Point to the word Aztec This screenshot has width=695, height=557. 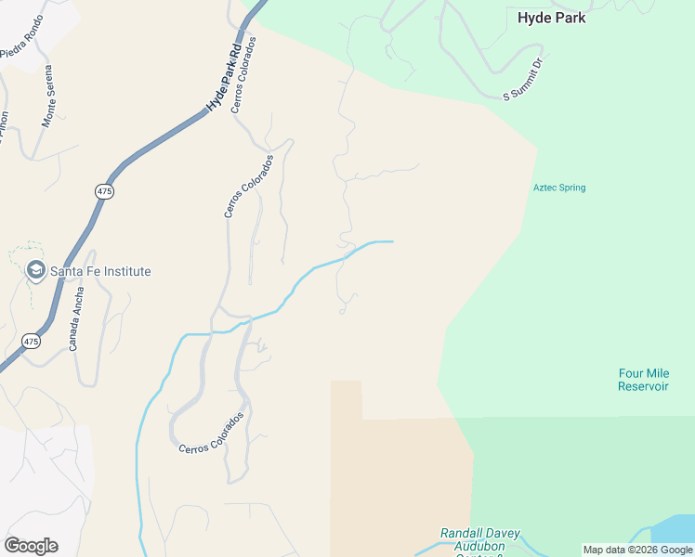[544, 188]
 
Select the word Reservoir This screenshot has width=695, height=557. [643, 386]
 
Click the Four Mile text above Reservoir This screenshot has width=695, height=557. [643, 373]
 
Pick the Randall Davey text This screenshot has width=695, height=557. [479, 534]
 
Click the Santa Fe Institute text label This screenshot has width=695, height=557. [100, 271]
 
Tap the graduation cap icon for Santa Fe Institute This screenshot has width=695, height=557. [36, 271]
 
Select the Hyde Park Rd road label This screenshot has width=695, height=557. [224, 75]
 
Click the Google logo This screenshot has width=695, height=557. [31, 546]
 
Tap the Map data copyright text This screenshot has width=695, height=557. [637, 550]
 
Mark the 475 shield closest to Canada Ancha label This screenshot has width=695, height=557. [32, 341]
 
